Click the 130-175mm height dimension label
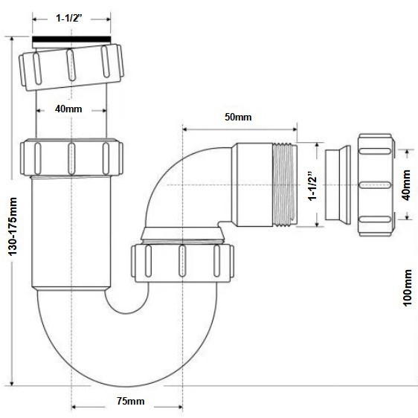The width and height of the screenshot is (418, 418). click(13, 226)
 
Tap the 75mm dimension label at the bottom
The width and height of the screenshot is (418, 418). click(131, 401)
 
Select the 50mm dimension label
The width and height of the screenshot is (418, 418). click(238, 117)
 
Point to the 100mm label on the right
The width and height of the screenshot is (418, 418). click(407, 288)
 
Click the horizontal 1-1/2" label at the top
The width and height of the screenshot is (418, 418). click(68, 18)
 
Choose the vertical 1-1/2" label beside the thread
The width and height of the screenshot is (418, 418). click(312, 185)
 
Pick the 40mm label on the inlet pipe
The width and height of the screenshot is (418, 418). click(68, 109)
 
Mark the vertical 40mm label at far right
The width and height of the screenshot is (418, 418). click(406, 185)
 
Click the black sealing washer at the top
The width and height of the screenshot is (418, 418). click(71, 39)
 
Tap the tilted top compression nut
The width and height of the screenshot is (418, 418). click(71, 68)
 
